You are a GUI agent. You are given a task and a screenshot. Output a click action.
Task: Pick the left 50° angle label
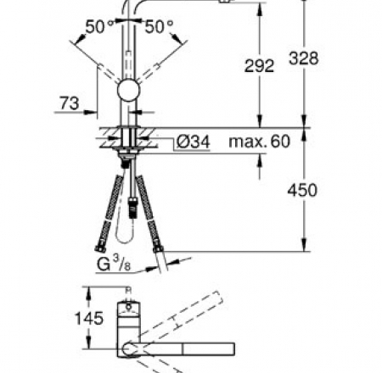tap(98, 27)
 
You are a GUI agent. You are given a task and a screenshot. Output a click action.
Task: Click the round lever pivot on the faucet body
tap(130, 93)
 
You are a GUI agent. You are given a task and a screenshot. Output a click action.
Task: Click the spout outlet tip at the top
tap(225, 3)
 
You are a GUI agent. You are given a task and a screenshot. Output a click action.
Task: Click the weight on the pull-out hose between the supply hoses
tap(135, 204)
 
